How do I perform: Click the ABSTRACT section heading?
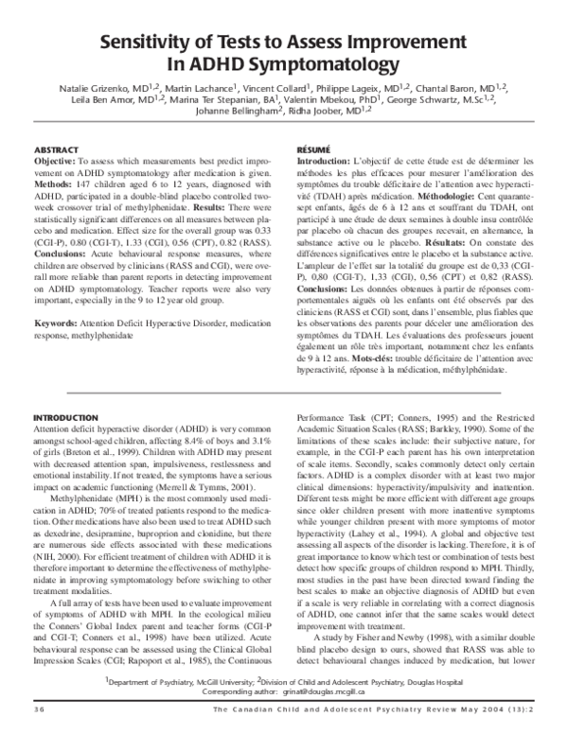(x=57, y=150)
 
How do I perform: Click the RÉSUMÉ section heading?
(x=313, y=150)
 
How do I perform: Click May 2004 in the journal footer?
(x=463, y=709)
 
